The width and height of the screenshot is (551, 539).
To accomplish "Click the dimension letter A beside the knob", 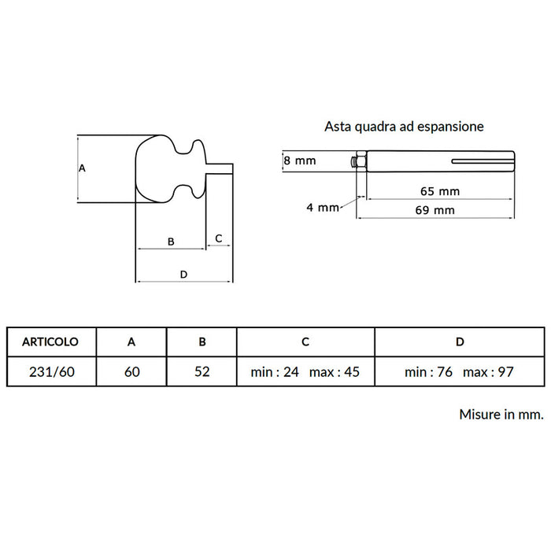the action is pyautogui.click(x=82, y=168).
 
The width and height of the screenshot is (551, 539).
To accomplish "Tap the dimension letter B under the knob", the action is pyautogui.click(x=171, y=242).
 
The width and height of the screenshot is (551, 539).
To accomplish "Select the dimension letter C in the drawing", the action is pyautogui.click(x=219, y=238).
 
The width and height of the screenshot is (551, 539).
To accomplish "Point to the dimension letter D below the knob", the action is pyautogui.click(x=183, y=275).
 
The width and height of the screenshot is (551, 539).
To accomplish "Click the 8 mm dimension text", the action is pyautogui.click(x=300, y=161).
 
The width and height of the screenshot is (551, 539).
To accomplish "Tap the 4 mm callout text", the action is pyautogui.click(x=323, y=207).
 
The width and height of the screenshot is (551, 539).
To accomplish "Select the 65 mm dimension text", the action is pyautogui.click(x=440, y=191).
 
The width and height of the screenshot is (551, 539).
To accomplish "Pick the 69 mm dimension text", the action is pyautogui.click(x=435, y=210).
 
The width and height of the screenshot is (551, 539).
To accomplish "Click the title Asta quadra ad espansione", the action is pyautogui.click(x=404, y=127).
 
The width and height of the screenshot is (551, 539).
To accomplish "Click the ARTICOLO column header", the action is pyautogui.click(x=50, y=341).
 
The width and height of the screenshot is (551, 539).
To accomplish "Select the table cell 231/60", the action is pyautogui.click(x=52, y=371).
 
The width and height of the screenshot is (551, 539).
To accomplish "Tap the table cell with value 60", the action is pyautogui.click(x=131, y=371).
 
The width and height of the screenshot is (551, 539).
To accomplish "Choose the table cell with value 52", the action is pyautogui.click(x=202, y=371).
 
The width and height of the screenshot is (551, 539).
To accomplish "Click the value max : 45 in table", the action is pyautogui.click(x=335, y=371).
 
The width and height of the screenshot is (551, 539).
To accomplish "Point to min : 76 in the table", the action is pyautogui.click(x=428, y=371).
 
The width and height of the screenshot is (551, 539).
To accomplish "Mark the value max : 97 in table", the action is pyautogui.click(x=488, y=371).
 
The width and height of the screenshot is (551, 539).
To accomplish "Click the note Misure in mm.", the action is pyautogui.click(x=501, y=414).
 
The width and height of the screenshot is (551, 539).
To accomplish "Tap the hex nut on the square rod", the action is pyautogui.click(x=361, y=161).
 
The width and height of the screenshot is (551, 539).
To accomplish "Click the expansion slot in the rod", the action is pyautogui.click(x=483, y=161).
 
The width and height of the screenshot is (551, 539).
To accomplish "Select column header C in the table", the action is pyautogui.click(x=305, y=341).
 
